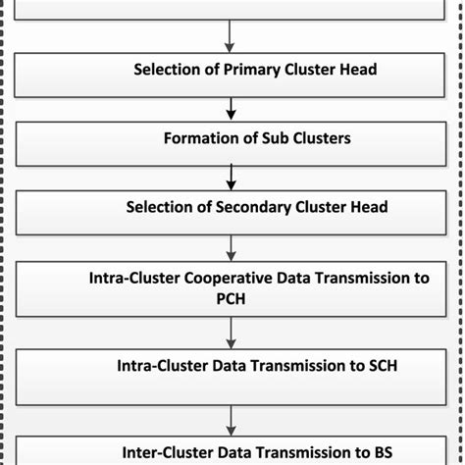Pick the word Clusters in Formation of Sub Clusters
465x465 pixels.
(319, 138)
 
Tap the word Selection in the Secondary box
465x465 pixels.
(160, 207)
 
